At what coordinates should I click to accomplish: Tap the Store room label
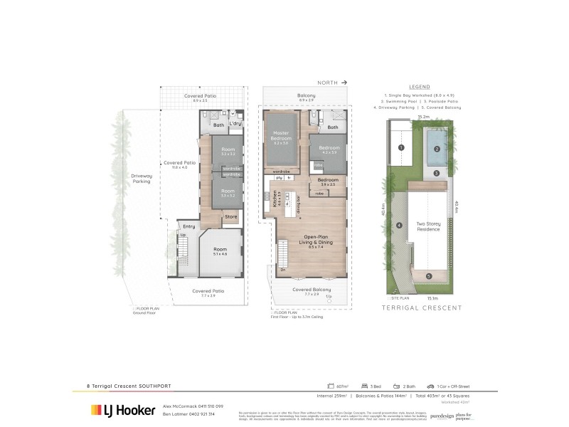tap(230, 216)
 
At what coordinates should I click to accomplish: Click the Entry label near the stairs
tap(188, 226)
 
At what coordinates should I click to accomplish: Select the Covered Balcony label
tap(312, 290)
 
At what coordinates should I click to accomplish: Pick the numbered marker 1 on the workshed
tap(401, 147)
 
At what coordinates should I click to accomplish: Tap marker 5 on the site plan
tap(428, 275)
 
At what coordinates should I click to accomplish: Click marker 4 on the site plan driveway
tap(400, 226)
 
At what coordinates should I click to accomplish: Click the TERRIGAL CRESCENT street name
tap(422, 308)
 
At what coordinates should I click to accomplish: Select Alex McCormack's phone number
tap(208, 406)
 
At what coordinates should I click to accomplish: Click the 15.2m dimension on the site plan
tap(422, 116)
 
